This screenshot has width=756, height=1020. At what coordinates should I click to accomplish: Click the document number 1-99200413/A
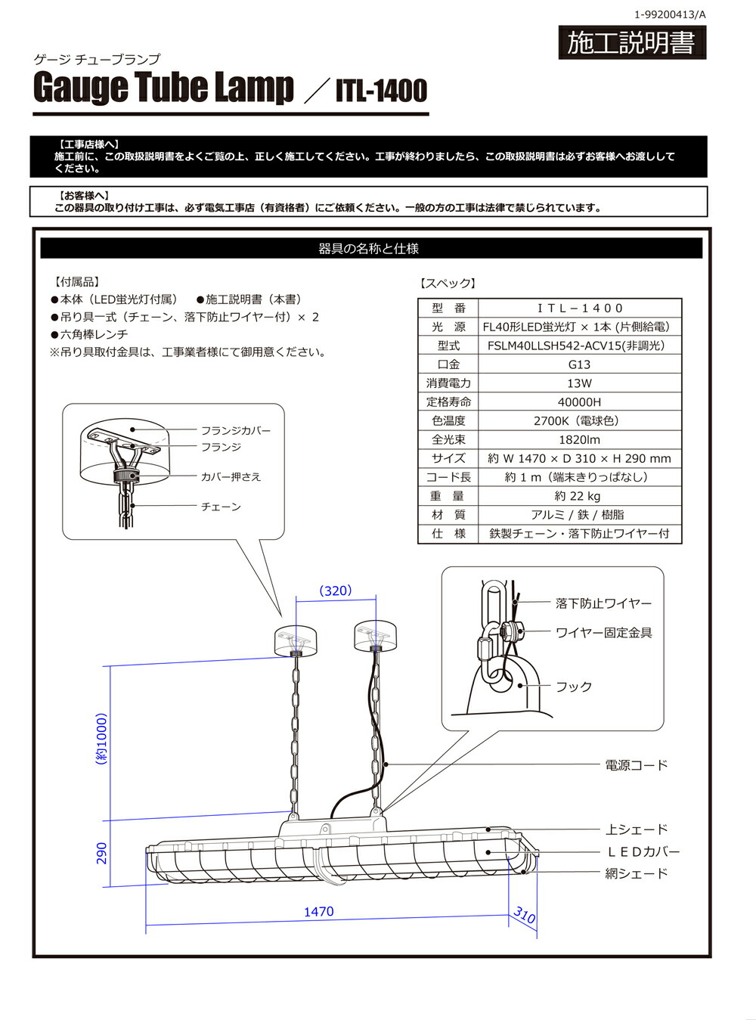pos(669,14)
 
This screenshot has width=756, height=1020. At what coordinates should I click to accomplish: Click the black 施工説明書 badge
pos(631,43)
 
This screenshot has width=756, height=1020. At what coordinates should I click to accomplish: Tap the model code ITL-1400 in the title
pos(381,91)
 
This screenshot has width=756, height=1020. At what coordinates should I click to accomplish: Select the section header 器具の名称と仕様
pos(369,249)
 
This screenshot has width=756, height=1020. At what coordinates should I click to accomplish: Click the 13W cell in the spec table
pos(579,383)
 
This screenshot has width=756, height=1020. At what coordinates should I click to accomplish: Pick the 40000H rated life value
pos(579,402)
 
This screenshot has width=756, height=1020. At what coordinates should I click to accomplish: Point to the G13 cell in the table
pos(579,364)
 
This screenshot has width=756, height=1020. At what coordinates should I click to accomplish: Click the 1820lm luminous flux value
pos(579,439)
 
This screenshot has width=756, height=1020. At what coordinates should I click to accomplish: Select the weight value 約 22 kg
pos(579,496)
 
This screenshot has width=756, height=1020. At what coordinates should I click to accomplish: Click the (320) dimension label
pos(336,591)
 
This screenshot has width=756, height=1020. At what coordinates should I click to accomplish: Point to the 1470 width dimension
pos(318,912)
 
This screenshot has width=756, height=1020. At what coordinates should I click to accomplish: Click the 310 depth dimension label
pos(524,916)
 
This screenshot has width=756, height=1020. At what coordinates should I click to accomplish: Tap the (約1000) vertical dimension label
pos(101,739)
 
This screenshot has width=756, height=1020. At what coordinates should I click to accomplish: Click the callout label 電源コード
pos(637,765)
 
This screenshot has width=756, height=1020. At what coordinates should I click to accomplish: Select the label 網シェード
pos(637,873)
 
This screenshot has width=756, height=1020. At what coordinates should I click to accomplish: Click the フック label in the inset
pos(574,687)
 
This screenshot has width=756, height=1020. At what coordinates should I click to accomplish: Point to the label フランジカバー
pos(235,430)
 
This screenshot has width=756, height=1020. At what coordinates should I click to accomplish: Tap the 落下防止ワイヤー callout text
pos(603,603)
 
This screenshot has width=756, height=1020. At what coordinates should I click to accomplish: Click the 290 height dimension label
pos(101,853)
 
